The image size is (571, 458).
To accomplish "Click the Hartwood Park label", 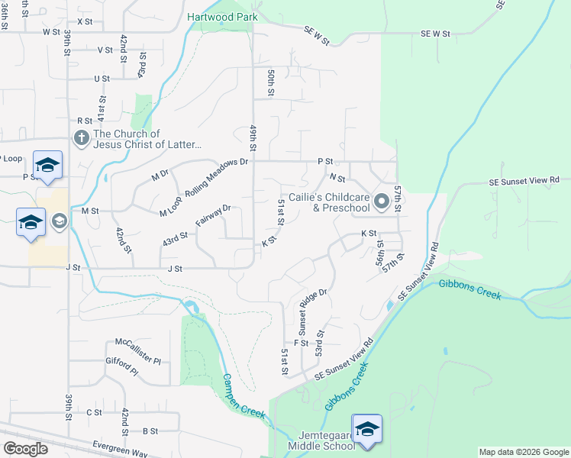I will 221,16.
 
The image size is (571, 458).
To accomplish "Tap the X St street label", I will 84,21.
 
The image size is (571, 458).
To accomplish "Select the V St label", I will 105,50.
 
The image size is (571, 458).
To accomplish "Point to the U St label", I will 102,79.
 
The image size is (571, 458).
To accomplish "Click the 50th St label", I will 270,82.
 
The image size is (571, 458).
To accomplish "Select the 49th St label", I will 253,137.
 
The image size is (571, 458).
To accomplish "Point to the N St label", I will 337,178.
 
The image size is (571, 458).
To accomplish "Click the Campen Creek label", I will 244,395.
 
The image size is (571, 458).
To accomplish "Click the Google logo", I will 25,449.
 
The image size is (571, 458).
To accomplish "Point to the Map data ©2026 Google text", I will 523,452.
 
